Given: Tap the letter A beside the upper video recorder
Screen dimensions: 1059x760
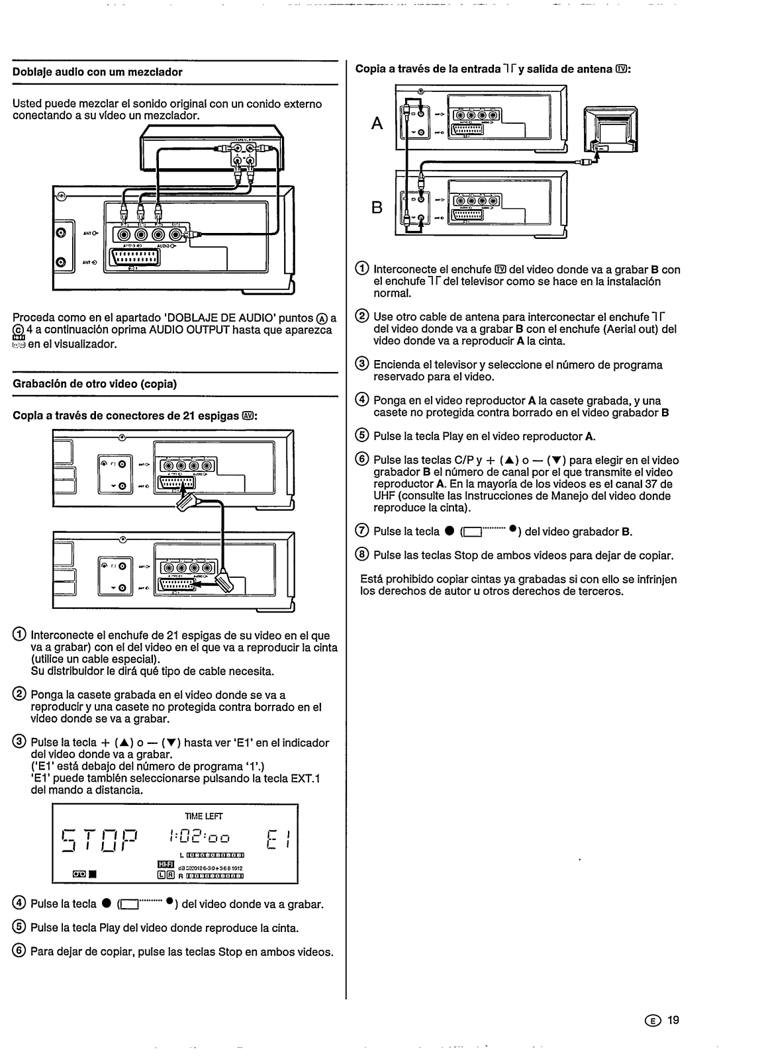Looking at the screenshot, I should coord(377,123).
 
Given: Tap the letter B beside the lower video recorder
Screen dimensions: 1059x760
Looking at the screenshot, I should coord(377,207).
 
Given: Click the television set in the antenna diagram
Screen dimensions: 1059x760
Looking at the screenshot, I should coord(610,129).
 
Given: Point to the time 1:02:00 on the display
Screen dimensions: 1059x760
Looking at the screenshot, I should coord(198,837).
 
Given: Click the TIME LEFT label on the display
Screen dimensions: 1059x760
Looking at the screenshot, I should coord(199,816).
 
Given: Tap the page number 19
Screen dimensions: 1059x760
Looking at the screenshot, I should coord(673,1020).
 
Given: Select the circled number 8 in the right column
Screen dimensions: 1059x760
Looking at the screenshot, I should coord(363,555).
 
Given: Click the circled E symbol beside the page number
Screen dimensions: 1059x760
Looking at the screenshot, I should coord(657,1021).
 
